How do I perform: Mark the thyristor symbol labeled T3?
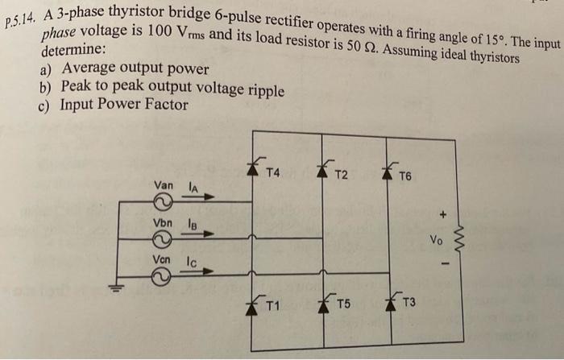point(391,303)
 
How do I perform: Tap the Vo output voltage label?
point(436,239)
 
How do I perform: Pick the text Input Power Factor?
point(123,104)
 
